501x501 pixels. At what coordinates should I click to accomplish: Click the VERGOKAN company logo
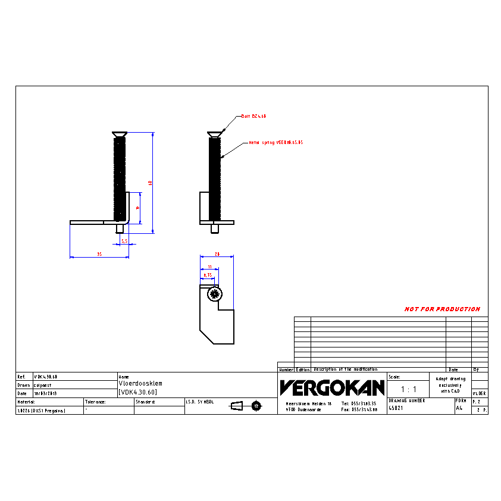[x=332, y=388]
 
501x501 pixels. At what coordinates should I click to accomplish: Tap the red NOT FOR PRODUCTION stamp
[x=442, y=309]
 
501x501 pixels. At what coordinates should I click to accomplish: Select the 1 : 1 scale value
[x=408, y=389]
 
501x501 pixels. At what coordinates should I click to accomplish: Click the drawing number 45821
[x=396, y=409]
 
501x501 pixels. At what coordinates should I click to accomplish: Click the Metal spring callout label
[x=275, y=143]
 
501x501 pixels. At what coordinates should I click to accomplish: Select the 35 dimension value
[x=99, y=254]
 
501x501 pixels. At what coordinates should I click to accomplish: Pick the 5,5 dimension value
[x=124, y=241]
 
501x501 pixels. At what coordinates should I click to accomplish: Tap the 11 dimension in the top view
[x=209, y=267]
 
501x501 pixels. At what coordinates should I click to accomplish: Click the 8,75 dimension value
[x=208, y=275]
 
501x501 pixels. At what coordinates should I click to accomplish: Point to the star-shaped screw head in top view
[x=214, y=293]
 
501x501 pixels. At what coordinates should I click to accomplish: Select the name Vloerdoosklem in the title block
[x=140, y=384]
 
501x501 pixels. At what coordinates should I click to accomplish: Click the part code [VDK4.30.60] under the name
[x=137, y=392]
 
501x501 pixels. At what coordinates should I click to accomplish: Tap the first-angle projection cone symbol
[x=237, y=406]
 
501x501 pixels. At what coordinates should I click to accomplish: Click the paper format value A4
[x=459, y=409]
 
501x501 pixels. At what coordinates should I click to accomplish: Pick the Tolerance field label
[x=95, y=402]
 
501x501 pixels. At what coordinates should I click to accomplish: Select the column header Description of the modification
[x=346, y=370]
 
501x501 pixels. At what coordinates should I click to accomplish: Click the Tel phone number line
[x=359, y=403]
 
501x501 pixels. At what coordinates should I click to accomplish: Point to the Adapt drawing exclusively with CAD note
[x=450, y=384]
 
